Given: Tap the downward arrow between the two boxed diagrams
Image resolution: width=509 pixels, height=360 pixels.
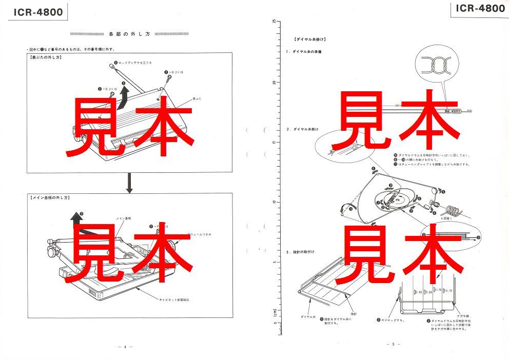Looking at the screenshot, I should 129,183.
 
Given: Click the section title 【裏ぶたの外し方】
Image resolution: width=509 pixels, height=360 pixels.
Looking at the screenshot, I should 47,57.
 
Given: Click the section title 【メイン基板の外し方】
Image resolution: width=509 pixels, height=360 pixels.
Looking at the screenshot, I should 50,197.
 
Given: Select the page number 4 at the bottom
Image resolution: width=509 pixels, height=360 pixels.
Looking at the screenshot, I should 125,347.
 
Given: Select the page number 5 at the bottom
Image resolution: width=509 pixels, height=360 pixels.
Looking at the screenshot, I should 393,344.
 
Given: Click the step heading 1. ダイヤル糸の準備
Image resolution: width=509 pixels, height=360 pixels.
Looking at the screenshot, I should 307,52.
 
